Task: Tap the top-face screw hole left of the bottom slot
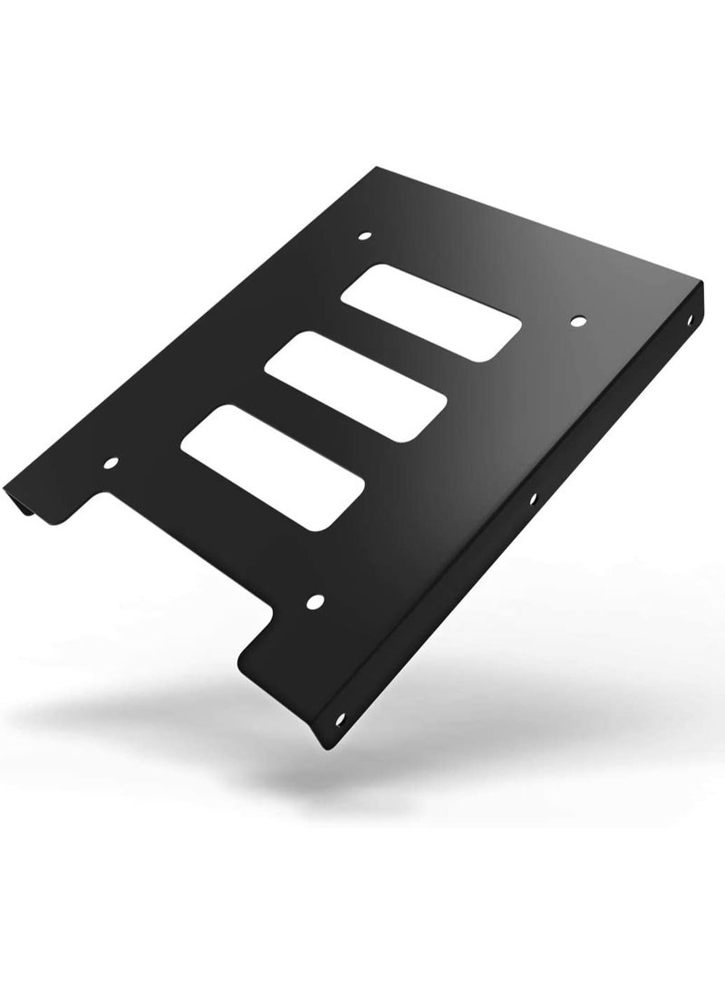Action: point(111,463)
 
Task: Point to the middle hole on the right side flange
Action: point(533,498)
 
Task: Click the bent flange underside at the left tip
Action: point(36,510)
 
